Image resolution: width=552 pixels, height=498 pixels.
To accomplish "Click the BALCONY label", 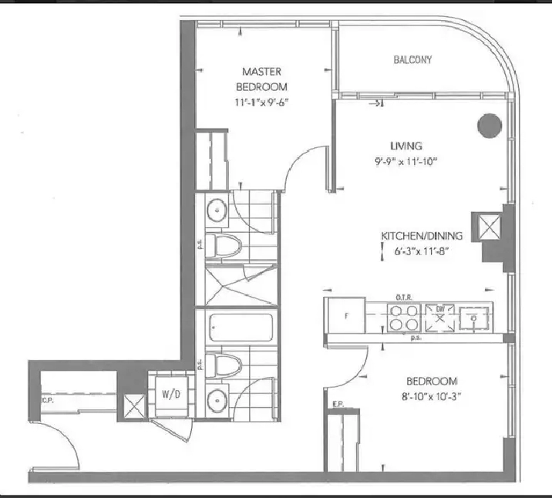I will (412, 59).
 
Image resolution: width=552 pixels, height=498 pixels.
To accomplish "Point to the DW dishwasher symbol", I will (440, 317).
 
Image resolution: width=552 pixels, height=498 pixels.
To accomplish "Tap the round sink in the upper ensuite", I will (217, 209).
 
